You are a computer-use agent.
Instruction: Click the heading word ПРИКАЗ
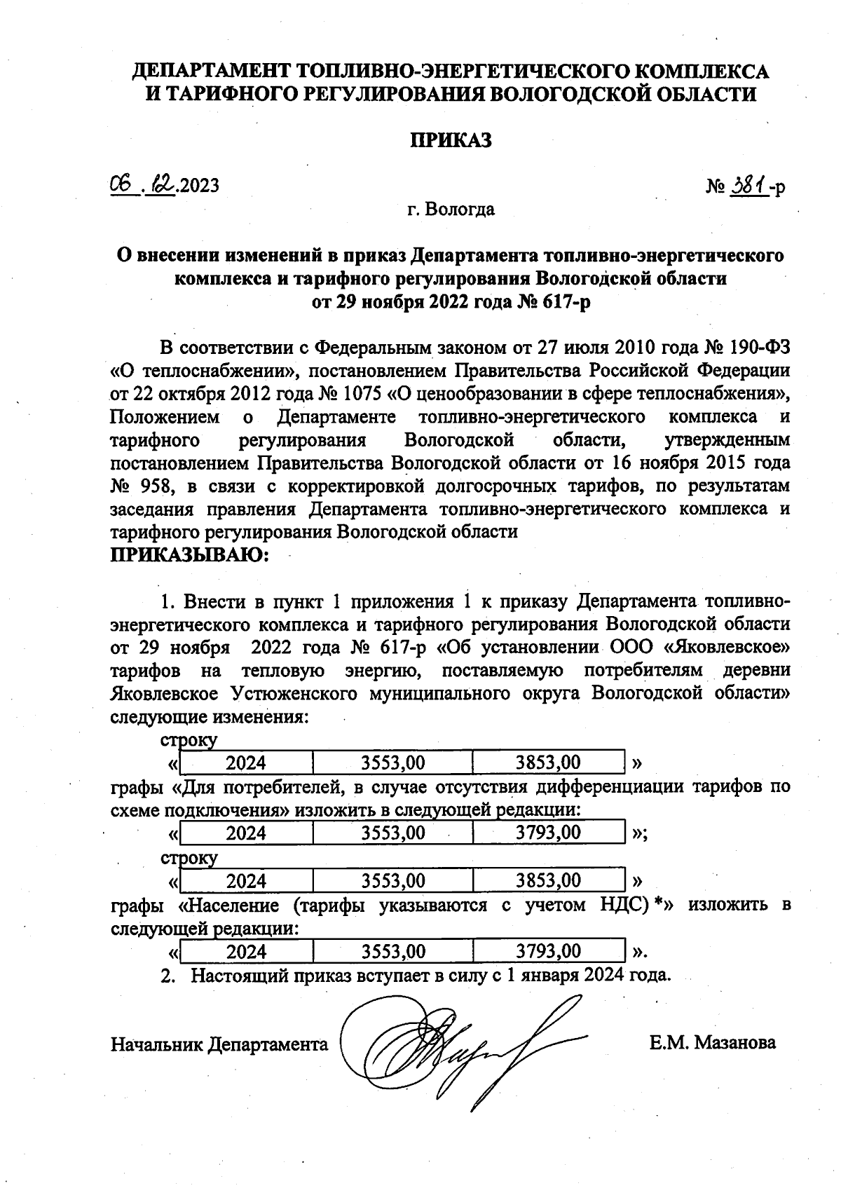click(x=451, y=140)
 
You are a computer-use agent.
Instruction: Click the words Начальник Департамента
click(x=219, y=1044)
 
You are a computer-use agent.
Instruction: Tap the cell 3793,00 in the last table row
click(x=548, y=951)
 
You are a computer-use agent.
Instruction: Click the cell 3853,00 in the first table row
click(x=548, y=762)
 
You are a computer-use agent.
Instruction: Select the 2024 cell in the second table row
click(x=246, y=833)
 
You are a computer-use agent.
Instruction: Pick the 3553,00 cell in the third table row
click(x=393, y=880)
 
